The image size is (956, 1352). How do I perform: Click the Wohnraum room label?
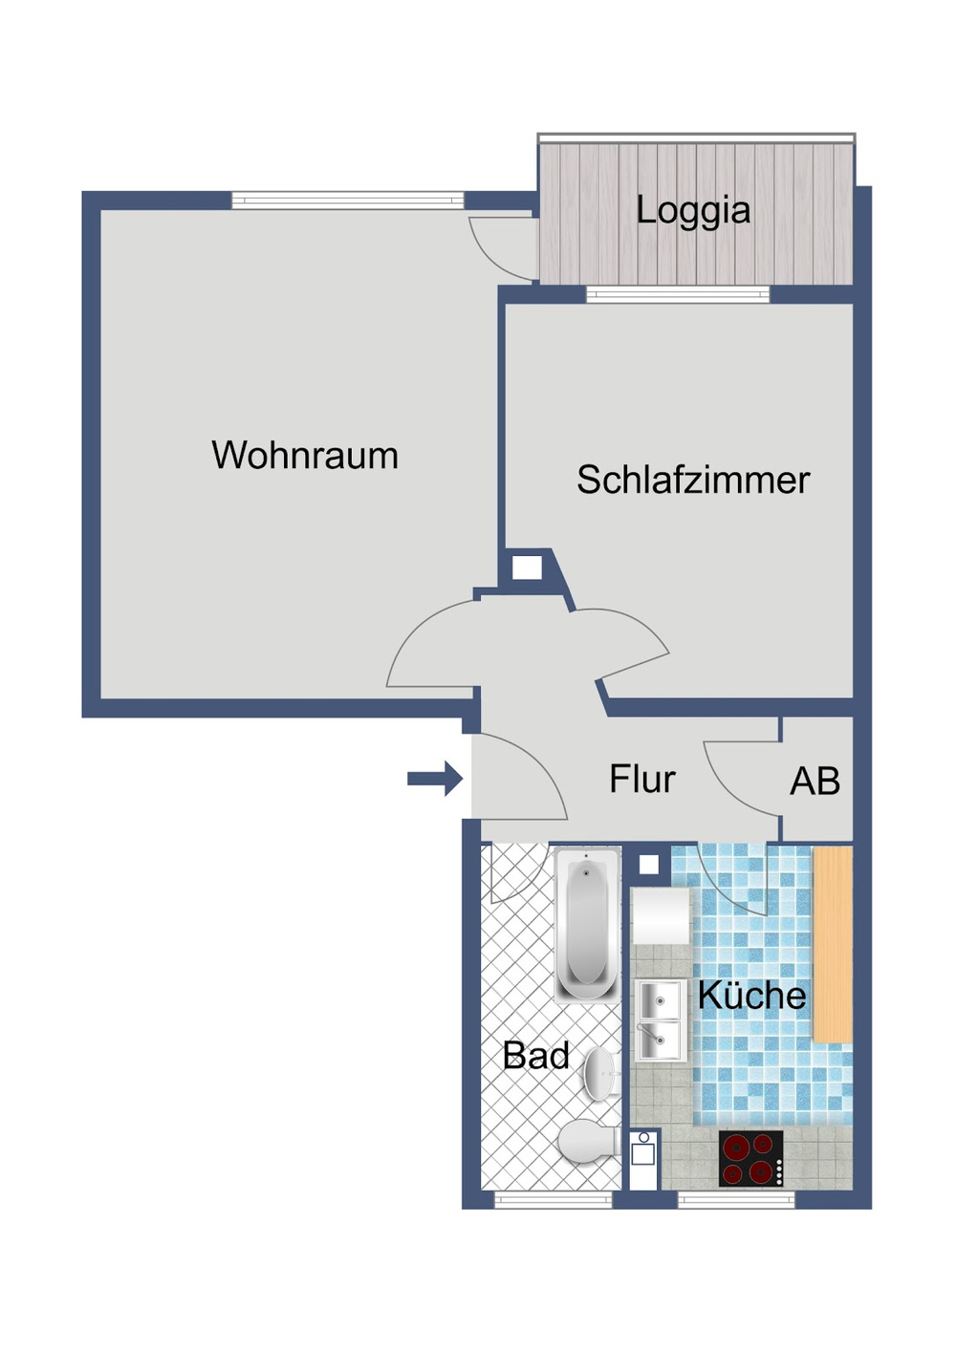[305, 456]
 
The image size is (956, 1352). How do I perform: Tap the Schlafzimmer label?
[692, 480]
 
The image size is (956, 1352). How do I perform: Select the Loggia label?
[693, 210]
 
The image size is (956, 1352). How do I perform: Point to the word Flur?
[641, 780]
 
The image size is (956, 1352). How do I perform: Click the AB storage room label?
[815, 782]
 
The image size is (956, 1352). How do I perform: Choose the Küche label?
[751, 996]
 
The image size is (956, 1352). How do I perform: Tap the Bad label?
[535, 1056]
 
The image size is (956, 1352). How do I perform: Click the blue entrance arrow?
[436, 779]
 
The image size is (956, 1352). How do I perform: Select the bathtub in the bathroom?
[586, 925]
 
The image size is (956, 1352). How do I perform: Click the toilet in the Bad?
[586, 1142]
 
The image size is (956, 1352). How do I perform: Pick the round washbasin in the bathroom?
[599, 1074]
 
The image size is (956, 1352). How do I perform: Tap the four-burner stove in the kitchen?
[751, 1158]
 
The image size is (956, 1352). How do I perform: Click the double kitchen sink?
[660, 1020]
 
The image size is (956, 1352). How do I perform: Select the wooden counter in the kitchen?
[832, 944]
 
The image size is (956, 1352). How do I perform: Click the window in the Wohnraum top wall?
[347, 201]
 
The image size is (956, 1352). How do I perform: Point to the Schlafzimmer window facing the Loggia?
[677, 295]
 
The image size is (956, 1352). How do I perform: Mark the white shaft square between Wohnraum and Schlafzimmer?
[527, 569]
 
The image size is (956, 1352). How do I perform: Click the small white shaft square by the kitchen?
[648, 865]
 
